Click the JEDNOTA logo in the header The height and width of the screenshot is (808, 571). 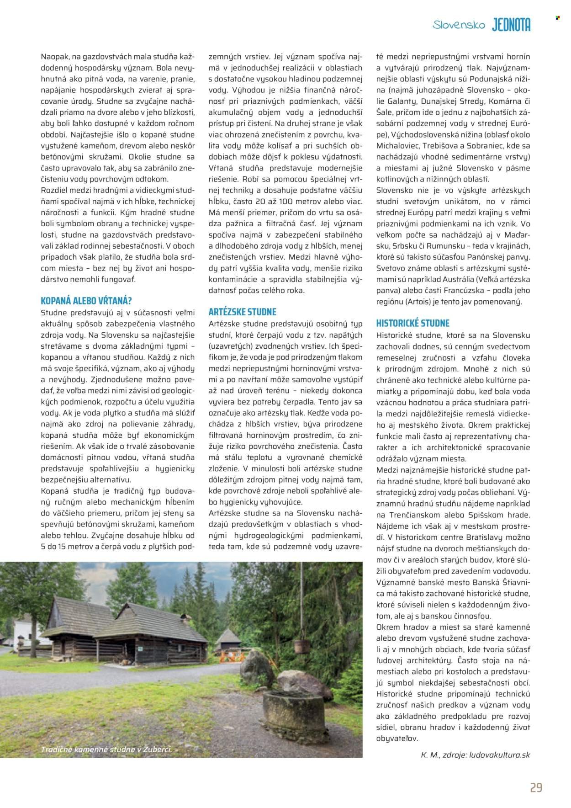(511, 26)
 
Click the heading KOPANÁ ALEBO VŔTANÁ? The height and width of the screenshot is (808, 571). (86, 301)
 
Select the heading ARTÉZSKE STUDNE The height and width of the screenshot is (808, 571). (242, 312)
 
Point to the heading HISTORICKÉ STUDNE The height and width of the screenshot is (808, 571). (412, 323)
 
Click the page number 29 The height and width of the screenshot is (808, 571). (536, 787)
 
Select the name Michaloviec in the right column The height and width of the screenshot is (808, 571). (397, 145)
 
